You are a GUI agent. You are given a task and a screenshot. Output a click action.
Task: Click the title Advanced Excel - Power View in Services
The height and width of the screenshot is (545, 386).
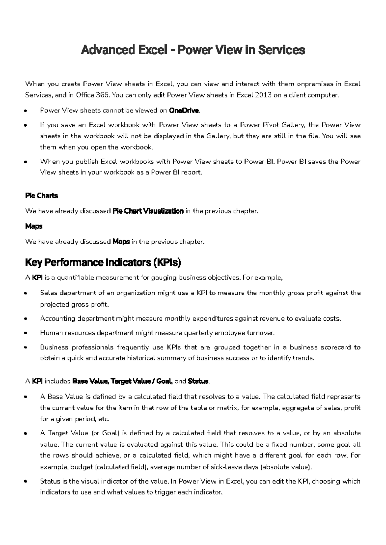coord(193,50)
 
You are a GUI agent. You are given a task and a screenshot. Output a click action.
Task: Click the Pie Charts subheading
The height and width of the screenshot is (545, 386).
coord(41,196)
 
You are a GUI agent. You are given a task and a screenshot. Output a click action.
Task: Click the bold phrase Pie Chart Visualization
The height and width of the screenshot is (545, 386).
coord(148,211)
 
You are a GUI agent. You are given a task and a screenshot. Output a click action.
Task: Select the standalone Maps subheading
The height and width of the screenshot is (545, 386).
coord(34,226)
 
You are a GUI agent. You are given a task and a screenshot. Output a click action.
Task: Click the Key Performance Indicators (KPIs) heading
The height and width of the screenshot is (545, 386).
coord(103,263)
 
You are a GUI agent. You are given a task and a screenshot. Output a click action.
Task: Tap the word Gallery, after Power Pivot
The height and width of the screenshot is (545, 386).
coord(294,125)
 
